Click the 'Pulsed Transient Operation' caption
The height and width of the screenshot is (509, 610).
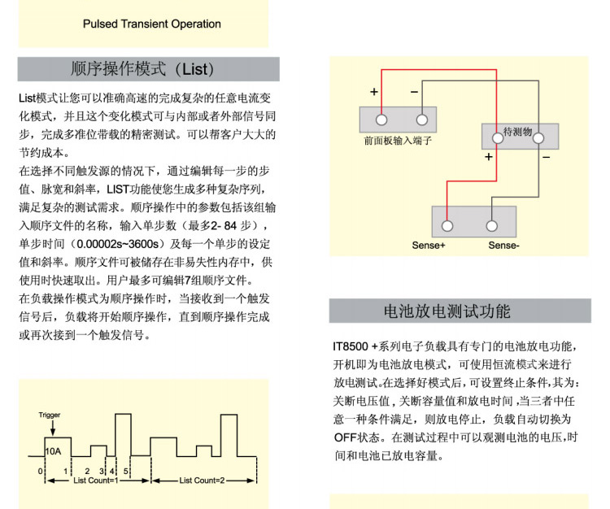(x=152, y=24)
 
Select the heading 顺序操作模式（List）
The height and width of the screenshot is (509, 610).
(x=149, y=68)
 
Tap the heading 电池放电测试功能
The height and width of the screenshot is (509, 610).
(x=460, y=311)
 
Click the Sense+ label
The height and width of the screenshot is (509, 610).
(x=429, y=245)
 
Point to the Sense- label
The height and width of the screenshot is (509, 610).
(x=504, y=245)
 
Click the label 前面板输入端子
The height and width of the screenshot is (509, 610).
(x=398, y=140)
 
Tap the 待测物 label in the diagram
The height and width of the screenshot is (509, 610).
(x=518, y=130)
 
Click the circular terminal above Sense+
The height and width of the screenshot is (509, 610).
(x=447, y=225)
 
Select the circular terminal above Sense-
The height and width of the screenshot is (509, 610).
(x=492, y=225)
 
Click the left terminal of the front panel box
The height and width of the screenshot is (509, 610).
(x=377, y=119)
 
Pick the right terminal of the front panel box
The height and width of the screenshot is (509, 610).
(x=421, y=119)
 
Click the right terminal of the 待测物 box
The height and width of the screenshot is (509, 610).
(x=538, y=137)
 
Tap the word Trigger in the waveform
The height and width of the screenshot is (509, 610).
(x=50, y=415)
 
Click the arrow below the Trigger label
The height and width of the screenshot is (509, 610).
(x=50, y=429)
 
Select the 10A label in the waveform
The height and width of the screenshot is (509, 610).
(x=53, y=450)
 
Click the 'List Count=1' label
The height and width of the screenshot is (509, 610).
(x=95, y=481)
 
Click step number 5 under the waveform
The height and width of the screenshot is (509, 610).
(x=126, y=471)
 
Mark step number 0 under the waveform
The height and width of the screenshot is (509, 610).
(x=39, y=471)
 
